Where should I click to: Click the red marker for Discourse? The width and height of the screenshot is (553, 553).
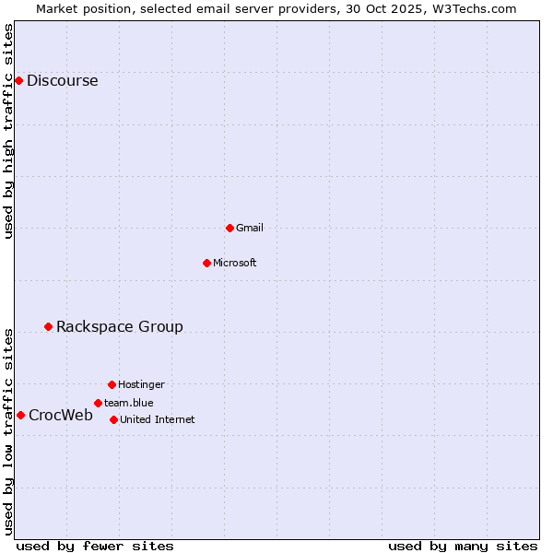click(x=18, y=80)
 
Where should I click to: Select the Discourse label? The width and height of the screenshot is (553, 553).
click(x=62, y=80)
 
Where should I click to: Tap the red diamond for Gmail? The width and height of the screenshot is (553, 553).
click(x=229, y=228)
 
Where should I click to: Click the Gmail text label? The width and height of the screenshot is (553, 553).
click(x=250, y=228)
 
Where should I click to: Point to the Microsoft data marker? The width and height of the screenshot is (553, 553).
click(x=206, y=263)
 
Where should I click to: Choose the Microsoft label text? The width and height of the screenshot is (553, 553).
click(x=234, y=263)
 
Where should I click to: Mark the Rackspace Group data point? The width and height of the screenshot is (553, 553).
click(x=48, y=326)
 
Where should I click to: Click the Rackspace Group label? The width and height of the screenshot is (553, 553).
click(x=119, y=326)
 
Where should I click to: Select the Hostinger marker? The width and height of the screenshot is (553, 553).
click(x=112, y=384)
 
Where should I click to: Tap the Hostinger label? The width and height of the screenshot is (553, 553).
click(x=141, y=384)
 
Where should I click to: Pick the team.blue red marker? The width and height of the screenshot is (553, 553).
click(x=98, y=403)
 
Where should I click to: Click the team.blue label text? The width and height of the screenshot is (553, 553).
click(x=128, y=403)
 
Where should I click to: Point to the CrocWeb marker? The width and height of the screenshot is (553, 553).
click(x=20, y=415)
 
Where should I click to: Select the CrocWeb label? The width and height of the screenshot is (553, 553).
click(x=60, y=415)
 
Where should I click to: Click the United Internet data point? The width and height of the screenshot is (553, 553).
click(x=113, y=419)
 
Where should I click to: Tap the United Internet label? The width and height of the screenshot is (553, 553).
click(x=157, y=419)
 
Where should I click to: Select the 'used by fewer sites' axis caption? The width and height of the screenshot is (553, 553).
click(x=95, y=546)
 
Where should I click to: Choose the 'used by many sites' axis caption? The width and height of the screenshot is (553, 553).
click(x=463, y=546)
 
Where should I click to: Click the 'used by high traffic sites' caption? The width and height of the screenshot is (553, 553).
click(x=8, y=131)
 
